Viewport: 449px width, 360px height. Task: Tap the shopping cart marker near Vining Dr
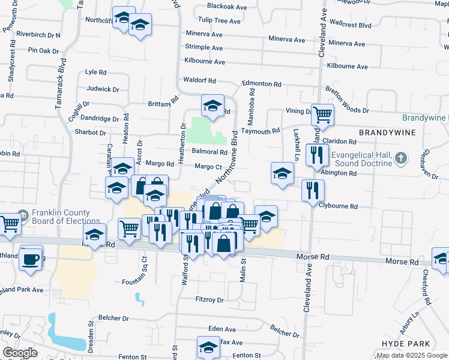322,114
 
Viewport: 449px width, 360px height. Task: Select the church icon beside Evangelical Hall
402,159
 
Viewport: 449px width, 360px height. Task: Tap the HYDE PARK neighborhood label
406,344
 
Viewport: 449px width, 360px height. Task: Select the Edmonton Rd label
262,84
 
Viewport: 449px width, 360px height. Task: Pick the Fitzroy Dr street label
209,299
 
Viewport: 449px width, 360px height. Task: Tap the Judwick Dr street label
103,89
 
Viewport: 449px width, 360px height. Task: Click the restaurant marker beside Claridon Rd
315,155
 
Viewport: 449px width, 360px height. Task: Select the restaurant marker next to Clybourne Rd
312,190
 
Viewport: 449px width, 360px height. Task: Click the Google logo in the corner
20,352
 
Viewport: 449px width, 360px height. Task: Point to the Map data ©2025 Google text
411,355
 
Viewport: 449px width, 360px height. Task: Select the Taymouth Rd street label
261,131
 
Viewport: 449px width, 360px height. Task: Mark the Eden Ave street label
221,329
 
